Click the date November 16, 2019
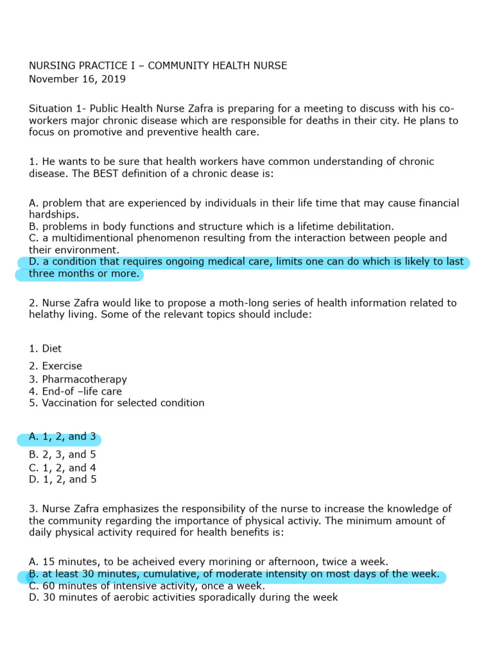77,79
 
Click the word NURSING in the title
51,65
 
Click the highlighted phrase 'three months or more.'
83,274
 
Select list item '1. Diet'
45,348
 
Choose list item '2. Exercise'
55,366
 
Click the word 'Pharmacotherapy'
85,379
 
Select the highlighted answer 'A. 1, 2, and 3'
62,437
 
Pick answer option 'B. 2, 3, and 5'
62,455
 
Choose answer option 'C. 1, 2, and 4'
62,468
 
